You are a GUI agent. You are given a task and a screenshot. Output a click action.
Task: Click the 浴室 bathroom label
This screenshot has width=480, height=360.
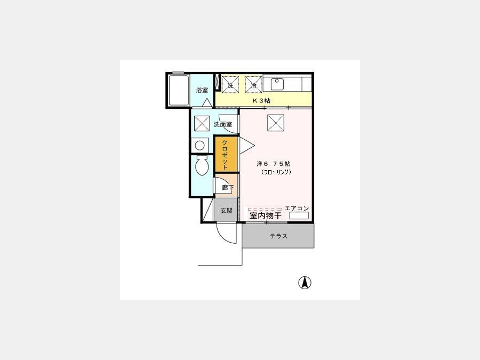(x=202, y=90)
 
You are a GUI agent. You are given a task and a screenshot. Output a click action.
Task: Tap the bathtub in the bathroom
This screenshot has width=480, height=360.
(x=179, y=91)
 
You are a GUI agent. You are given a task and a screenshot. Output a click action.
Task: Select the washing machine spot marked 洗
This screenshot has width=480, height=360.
(x=230, y=84)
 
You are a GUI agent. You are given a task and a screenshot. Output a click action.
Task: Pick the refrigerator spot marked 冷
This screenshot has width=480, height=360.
(x=254, y=84)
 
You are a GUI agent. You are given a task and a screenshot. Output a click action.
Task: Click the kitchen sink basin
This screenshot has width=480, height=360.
(x=277, y=84)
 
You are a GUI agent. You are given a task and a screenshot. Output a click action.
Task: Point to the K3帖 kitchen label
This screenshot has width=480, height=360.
(x=261, y=100)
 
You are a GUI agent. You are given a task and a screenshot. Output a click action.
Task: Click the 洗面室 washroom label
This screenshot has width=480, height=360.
(x=223, y=124)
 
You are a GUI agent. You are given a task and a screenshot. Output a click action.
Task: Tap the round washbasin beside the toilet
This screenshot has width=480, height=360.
(x=200, y=145)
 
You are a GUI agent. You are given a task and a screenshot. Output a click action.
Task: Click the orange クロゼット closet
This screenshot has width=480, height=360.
(x=226, y=154)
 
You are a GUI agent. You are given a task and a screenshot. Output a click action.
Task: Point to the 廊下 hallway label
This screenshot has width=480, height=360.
(x=228, y=187)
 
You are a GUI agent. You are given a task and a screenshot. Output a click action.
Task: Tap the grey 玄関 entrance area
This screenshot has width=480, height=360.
(x=226, y=210)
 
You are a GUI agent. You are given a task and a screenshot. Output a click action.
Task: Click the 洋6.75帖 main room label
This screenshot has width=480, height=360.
(x=274, y=164)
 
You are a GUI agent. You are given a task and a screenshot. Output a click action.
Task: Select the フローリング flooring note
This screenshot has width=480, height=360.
(x=276, y=172)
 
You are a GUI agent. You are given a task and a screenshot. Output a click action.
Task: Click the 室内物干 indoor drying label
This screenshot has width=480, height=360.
(x=266, y=215)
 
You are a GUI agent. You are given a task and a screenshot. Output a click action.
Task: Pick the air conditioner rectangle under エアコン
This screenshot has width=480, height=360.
(x=299, y=215)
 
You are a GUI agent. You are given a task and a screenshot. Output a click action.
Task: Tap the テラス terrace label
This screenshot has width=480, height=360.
(x=278, y=236)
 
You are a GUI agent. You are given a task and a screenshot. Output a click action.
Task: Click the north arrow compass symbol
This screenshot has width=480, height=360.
(x=305, y=283)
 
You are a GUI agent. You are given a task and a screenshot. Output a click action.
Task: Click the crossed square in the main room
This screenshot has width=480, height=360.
(x=276, y=123)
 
